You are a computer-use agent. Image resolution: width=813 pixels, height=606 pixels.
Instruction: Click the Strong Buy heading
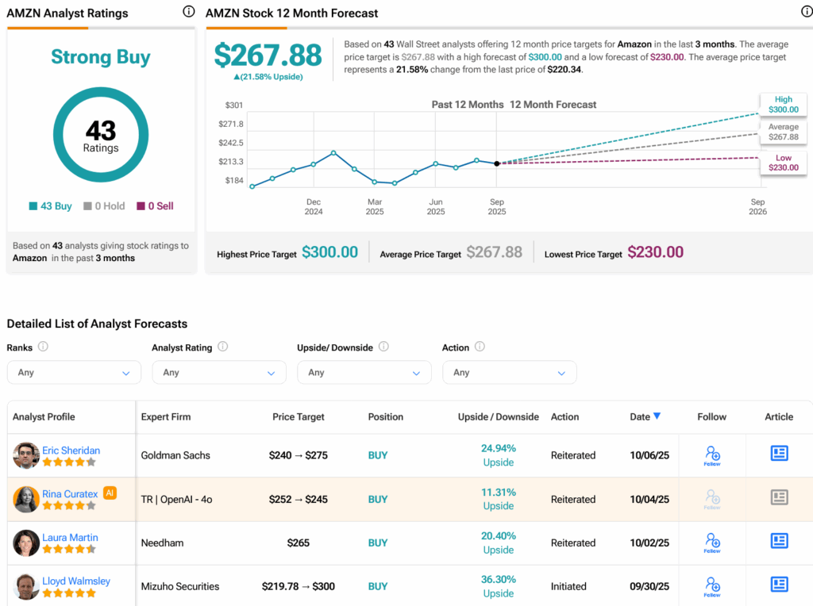101,57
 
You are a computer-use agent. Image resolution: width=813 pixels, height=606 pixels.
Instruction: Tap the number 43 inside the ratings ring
101,130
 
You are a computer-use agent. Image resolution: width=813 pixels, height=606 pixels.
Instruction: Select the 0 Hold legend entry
104,206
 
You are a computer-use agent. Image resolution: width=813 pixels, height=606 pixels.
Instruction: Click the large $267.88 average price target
268,55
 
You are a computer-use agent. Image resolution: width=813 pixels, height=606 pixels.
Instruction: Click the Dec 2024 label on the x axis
314,206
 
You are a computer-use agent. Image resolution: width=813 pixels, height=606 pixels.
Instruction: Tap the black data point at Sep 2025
497,163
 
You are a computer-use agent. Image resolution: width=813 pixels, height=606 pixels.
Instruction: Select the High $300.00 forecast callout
783,105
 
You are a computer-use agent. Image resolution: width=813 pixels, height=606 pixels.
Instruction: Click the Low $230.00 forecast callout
783,163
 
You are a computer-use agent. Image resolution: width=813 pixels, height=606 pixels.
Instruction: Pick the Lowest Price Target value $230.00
655,252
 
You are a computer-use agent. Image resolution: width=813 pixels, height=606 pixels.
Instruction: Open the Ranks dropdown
74,372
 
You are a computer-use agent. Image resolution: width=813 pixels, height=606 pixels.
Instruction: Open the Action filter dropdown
509,372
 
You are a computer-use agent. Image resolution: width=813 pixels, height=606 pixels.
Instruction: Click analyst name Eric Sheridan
71,450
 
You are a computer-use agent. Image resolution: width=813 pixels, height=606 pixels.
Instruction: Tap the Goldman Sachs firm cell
175,455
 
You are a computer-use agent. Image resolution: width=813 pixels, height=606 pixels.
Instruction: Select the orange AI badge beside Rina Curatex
110,493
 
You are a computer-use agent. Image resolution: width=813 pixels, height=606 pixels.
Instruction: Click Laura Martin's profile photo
26,543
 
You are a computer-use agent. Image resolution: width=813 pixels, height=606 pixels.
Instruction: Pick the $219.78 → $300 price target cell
299,586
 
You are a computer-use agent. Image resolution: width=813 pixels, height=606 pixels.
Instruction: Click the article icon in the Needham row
779,541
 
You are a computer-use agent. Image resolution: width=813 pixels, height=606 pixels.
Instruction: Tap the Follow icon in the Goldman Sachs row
712,455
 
